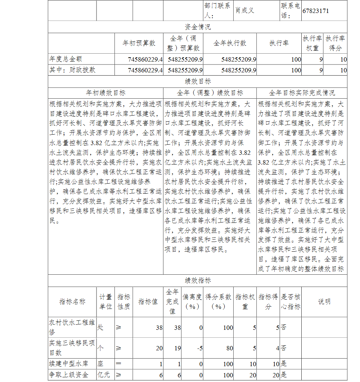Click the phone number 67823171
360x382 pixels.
(x=315, y=11)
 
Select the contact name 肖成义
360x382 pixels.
(x=245, y=10)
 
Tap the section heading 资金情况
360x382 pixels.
(x=198, y=27)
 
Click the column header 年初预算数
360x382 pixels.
(x=139, y=43)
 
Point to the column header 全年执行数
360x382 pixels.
(x=230, y=43)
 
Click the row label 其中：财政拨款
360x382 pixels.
(x=72, y=70)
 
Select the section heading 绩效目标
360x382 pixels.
(x=198, y=82)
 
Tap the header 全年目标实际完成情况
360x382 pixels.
(x=302, y=93)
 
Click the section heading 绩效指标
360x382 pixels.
(x=198, y=280)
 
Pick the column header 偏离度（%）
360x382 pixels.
(x=192, y=302)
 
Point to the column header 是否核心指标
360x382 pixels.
(x=291, y=302)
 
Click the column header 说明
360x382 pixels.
(x=324, y=302)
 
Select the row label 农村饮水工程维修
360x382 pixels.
(x=72, y=327)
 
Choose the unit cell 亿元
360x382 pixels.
(x=104, y=374)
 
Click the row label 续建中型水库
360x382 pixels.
(x=68, y=364)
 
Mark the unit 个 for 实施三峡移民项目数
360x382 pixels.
(x=100, y=348)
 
